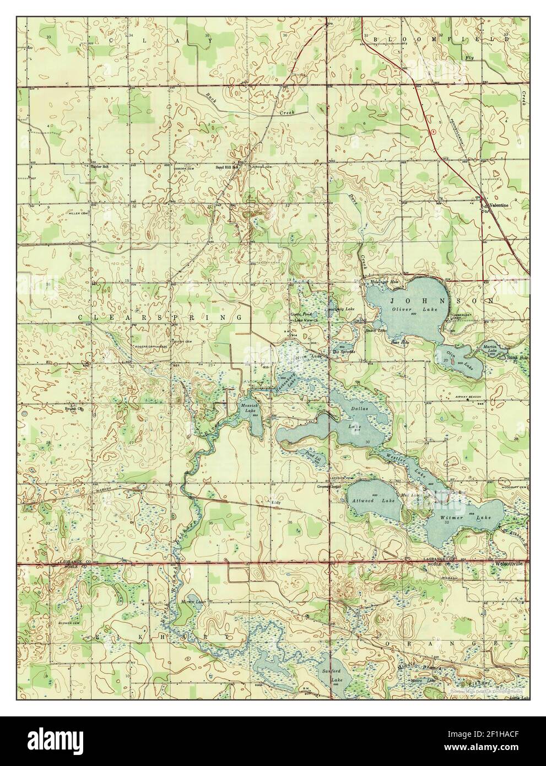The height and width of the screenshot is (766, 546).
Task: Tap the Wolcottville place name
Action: point(509,564)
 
